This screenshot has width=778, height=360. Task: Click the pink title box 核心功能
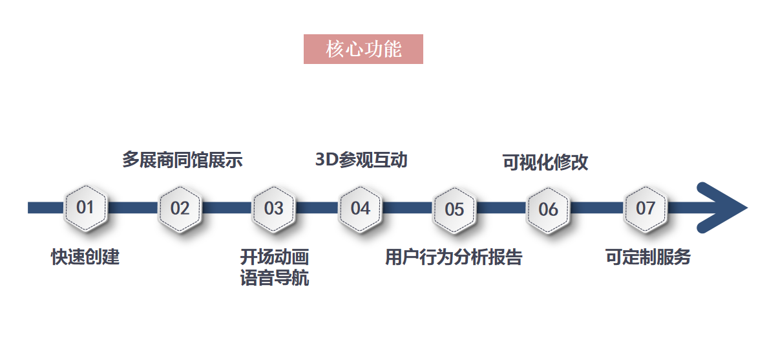click(363, 49)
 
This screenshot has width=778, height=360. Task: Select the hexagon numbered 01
click(85, 207)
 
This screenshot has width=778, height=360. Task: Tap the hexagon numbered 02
click(180, 208)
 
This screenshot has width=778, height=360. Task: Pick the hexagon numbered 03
click(273, 208)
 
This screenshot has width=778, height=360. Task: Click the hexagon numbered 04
click(360, 208)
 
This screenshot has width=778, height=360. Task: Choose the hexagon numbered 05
click(454, 209)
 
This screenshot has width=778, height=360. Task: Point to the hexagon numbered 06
click(548, 209)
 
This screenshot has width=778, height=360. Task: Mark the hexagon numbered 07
click(645, 208)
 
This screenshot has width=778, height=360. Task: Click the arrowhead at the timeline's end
click(724, 208)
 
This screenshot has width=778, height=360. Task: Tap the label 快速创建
click(85, 257)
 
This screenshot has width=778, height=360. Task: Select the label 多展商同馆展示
click(182, 160)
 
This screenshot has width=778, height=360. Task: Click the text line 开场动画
click(275, 257)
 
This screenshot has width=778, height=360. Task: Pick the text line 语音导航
click(275, 279)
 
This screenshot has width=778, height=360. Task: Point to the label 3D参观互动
click(361, 160)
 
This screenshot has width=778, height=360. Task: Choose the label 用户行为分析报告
click(454, 257)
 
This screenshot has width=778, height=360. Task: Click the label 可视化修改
click(545, 162)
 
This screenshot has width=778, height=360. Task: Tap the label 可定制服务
click(648, 257)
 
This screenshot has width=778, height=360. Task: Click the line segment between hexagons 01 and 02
click(132, 208)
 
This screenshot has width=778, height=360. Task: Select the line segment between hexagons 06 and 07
click(596, 208)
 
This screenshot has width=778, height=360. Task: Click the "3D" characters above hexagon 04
click(327, 160)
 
